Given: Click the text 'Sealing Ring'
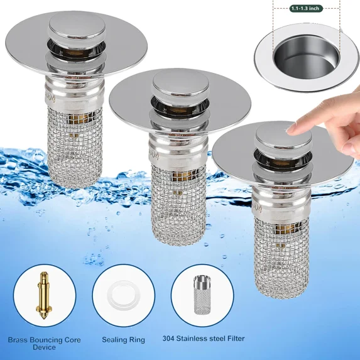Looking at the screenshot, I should (123, 340).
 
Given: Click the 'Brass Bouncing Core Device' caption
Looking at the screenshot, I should (45, 344).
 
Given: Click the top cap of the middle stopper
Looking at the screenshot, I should (173, 83).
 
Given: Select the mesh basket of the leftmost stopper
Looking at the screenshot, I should (71, 145).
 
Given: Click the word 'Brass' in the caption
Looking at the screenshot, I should (19, 340).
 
